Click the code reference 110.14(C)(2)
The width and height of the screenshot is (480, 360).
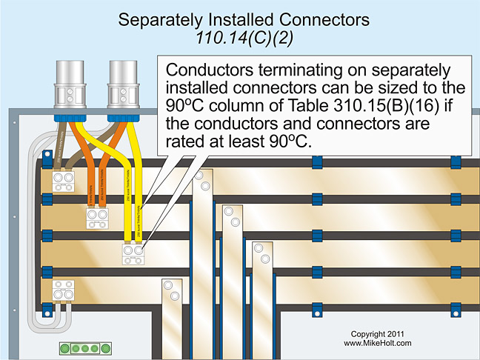coord(240,38)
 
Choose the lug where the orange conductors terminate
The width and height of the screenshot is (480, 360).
coord(97,217)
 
